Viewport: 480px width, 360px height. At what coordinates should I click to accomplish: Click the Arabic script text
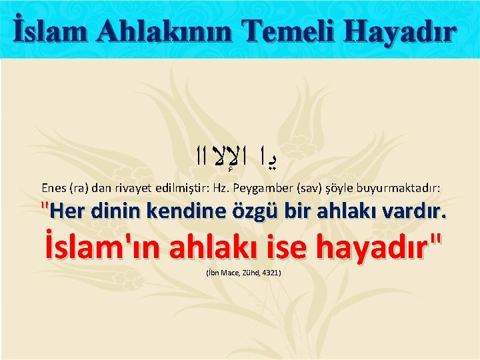240,158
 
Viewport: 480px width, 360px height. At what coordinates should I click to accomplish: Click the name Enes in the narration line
54,188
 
